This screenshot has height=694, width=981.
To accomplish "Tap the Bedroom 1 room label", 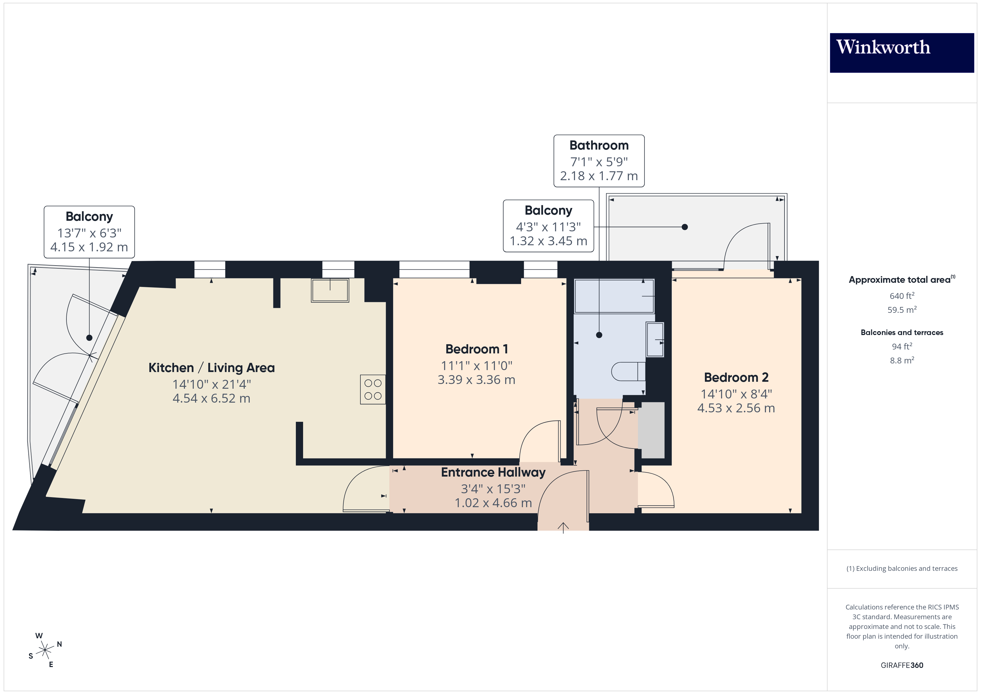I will click(476, 349).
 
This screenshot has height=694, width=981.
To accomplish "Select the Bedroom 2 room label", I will click(736, 377).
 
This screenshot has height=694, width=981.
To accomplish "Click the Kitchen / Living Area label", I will click(212, 368).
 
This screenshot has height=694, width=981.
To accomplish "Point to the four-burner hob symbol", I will click(373, 389).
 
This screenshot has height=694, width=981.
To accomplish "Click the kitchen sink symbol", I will click(330, 290).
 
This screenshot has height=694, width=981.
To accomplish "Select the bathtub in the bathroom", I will click(614, 296).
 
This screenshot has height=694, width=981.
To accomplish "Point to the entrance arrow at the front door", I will click(563, 528).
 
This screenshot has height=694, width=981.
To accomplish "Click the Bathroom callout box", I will click(599, 161).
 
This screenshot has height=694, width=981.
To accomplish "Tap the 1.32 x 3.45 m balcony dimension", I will click(548, 241).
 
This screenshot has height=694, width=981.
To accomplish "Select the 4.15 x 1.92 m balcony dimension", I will click(89, 247).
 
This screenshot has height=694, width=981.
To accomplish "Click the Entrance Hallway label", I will click(493, 472).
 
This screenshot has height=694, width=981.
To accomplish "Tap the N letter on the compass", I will click(60, 644).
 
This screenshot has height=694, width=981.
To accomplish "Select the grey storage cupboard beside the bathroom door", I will click(651, 430).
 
